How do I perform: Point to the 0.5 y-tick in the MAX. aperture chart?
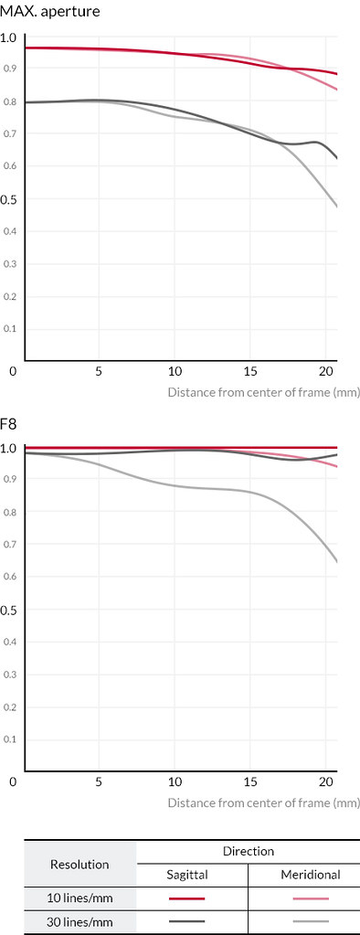tap(9, 198)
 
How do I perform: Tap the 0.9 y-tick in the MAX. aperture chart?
tap(9, 69)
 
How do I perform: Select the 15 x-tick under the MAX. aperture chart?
tap(250, 371)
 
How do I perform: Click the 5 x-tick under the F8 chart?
tap(99, 781)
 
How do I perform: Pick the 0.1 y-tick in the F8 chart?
tap(9, 739)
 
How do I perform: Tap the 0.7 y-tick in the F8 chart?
tap(9, 545)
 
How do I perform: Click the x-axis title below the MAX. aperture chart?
tap(263, 392)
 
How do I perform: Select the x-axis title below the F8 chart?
tap(263, 802)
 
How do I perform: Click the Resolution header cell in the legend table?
tap(79, 864)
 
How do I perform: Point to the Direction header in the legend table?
tap(248, 851)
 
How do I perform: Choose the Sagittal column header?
tap(186, 875)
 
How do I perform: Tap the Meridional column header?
tap(311, 875)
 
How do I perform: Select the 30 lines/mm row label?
tap(79, 921)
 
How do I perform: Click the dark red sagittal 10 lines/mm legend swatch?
tap(186, 898)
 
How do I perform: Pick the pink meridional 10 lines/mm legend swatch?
tap(312, 898)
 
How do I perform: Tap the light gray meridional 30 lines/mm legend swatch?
tap(312, 921)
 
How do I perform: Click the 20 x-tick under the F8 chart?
tap(325, 781)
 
